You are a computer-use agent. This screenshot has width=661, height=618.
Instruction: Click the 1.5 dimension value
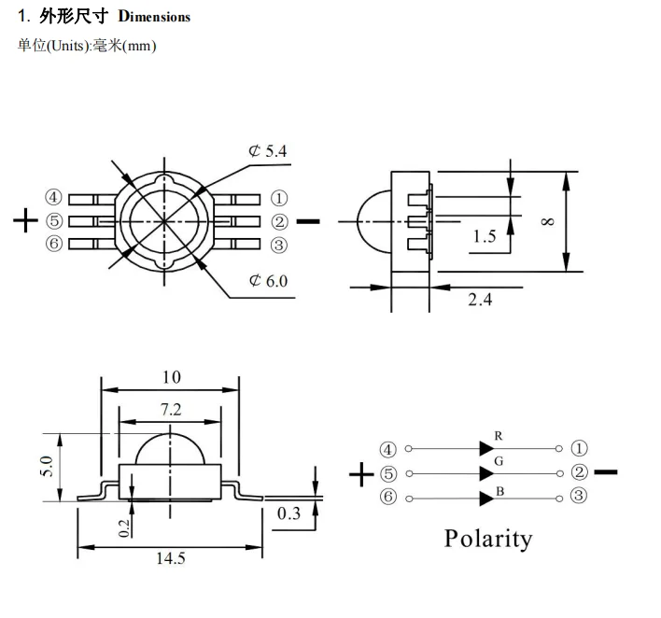[485, 236]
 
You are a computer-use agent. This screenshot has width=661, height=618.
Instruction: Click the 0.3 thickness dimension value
[289, 513]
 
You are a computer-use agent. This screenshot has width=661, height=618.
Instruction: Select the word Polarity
[487, 539]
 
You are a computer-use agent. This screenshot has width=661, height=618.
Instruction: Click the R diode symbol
[486, 449]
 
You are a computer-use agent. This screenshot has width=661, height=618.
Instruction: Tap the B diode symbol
[486, 497]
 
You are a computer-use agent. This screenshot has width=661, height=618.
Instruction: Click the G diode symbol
[486, 473]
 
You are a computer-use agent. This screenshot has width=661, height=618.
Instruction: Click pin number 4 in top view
[53, 198]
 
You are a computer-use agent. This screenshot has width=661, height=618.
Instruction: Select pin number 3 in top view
[278, 245]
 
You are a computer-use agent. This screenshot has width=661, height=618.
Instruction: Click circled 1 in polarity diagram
[579, 449]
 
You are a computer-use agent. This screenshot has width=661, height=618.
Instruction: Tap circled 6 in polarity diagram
[388, 497]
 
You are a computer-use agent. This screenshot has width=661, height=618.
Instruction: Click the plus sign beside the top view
[25, 221]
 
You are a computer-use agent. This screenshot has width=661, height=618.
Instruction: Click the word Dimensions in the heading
[154, 17]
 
